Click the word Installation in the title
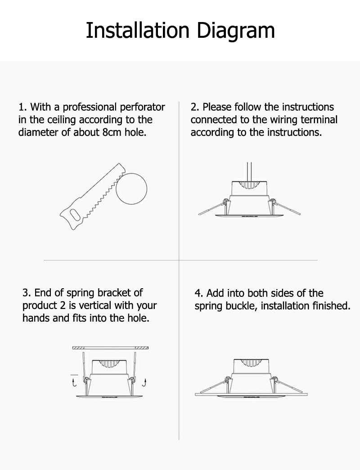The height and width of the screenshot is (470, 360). coord(138,30)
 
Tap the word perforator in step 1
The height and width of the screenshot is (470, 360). coord(143,107)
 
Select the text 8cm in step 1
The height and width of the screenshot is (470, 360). coord(112,132)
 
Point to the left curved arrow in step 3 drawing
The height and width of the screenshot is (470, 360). coord(74,382)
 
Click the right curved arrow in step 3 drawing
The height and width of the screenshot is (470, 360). coord(144,382)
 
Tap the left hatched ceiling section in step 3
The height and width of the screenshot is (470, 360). coord(79,348)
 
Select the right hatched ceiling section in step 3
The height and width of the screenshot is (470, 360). coord(142,348)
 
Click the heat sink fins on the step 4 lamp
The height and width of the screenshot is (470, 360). coord(250,363)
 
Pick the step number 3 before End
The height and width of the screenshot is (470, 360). coord(26,292)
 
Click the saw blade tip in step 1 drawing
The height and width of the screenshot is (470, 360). coord(119,165)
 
